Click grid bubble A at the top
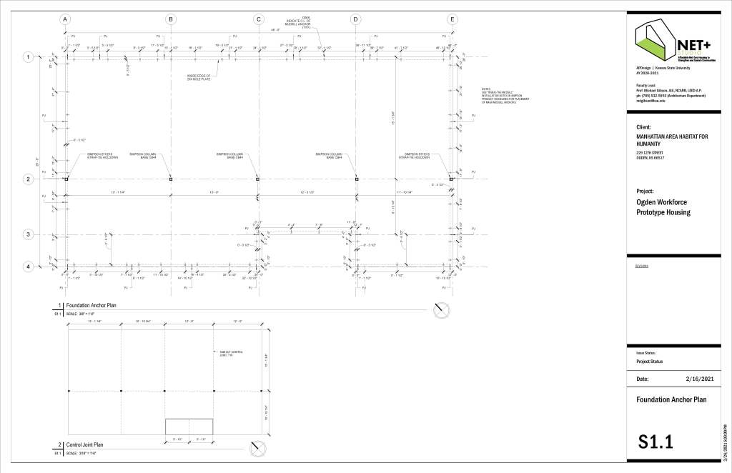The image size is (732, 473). pyautogui.click(x=65, y=19)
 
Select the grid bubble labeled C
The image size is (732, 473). pyautogui.click(x=259, y=19)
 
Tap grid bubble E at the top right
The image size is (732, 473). pyautogui.click(x=452, y=19)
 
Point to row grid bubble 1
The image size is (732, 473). pyautogui.click(x=29, y=57)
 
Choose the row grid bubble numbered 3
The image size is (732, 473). pyautogui.click(x=29, y=234)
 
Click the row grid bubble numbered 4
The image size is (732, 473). pyautogui.click(x=29, y=267)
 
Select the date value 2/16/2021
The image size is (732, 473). pyautogui.click(x=700, y=379)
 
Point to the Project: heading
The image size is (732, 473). pyautogui.click(x=646, y=191)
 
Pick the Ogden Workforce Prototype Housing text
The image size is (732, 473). pyautogui.click(x=663, y=207)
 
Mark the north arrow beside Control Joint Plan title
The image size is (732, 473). pyautogui.click(x=258, y=448)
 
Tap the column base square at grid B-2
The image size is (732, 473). pyautogui.click(x=170, y=179)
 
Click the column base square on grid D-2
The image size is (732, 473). pyautogui.click(x=356, y=179)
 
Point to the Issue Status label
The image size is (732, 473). pyautogui.click(x=646, y=353)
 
